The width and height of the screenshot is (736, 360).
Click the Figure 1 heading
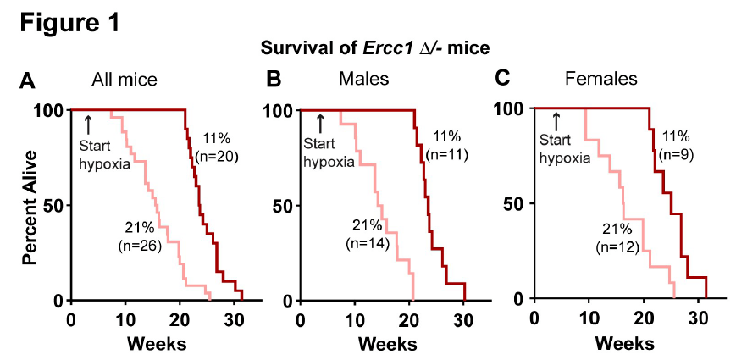(69, 23)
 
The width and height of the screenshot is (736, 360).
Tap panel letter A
(28, 82)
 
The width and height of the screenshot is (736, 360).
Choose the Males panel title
(363, 80)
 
